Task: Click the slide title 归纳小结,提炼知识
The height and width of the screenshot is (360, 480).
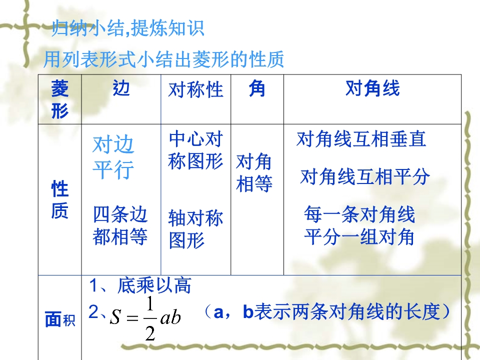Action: (x=127, y=28)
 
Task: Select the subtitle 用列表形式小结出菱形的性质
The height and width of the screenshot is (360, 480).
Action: (x=164, y=59)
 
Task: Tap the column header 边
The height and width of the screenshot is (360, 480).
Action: (x=121, y=88)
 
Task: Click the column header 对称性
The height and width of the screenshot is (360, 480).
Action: (x=195, y=89)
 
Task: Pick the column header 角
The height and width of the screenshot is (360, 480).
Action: (x=257, y=88)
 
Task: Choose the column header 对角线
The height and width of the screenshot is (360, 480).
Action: (x=372, y=88)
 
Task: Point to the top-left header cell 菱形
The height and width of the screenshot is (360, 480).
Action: (x=59, y=99)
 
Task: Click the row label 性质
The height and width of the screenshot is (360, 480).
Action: (x=59, y=199)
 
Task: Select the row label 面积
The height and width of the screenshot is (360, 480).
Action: (x=60, y=319)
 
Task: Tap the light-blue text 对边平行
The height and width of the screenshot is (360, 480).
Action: (x=113, y=157)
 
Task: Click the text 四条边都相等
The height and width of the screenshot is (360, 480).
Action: (x=120, y=225)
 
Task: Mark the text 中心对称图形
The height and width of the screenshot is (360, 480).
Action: (x=195, y=150)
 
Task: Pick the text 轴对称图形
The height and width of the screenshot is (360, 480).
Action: (x=195, y=229)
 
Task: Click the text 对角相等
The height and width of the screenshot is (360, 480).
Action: (x=254, y=172)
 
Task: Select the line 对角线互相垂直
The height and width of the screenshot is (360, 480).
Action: (x=361, y=139)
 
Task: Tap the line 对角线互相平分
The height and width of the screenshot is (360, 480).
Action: (x=365, y=176)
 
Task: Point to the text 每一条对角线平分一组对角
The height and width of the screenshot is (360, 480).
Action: (x=359, y=225)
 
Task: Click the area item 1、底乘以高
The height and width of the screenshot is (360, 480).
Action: (x=140, y=285)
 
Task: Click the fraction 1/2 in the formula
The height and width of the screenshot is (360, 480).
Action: (x=150, y=318)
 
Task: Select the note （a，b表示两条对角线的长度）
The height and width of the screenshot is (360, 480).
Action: (x=327, y=312)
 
